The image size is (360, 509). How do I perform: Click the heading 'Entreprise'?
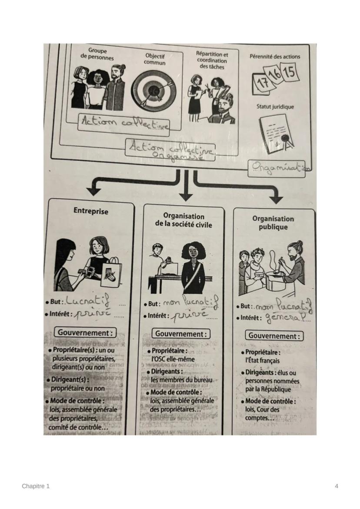coord(91,211)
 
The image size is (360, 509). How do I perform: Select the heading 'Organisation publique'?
coord(273,223)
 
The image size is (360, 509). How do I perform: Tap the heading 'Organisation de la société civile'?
coord(183,220)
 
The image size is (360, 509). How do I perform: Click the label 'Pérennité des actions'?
coord(275,57)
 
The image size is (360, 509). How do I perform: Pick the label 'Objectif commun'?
coord(155,59)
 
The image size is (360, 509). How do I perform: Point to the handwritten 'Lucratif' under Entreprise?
coord(87,301)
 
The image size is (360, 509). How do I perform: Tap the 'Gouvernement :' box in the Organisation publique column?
coord(274,336)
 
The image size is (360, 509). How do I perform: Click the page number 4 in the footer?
coord(337,486)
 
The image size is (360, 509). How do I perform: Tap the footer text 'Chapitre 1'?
coord(36,486)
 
